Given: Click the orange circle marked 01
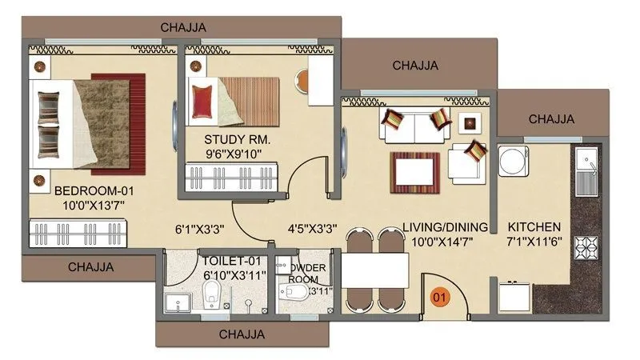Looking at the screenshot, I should [x=439, y=298].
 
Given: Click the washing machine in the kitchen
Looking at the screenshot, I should [x=513, y=160].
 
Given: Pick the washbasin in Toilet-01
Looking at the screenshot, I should [x=177, y=302].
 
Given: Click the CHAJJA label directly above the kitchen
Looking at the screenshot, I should [x=552, y=119].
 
